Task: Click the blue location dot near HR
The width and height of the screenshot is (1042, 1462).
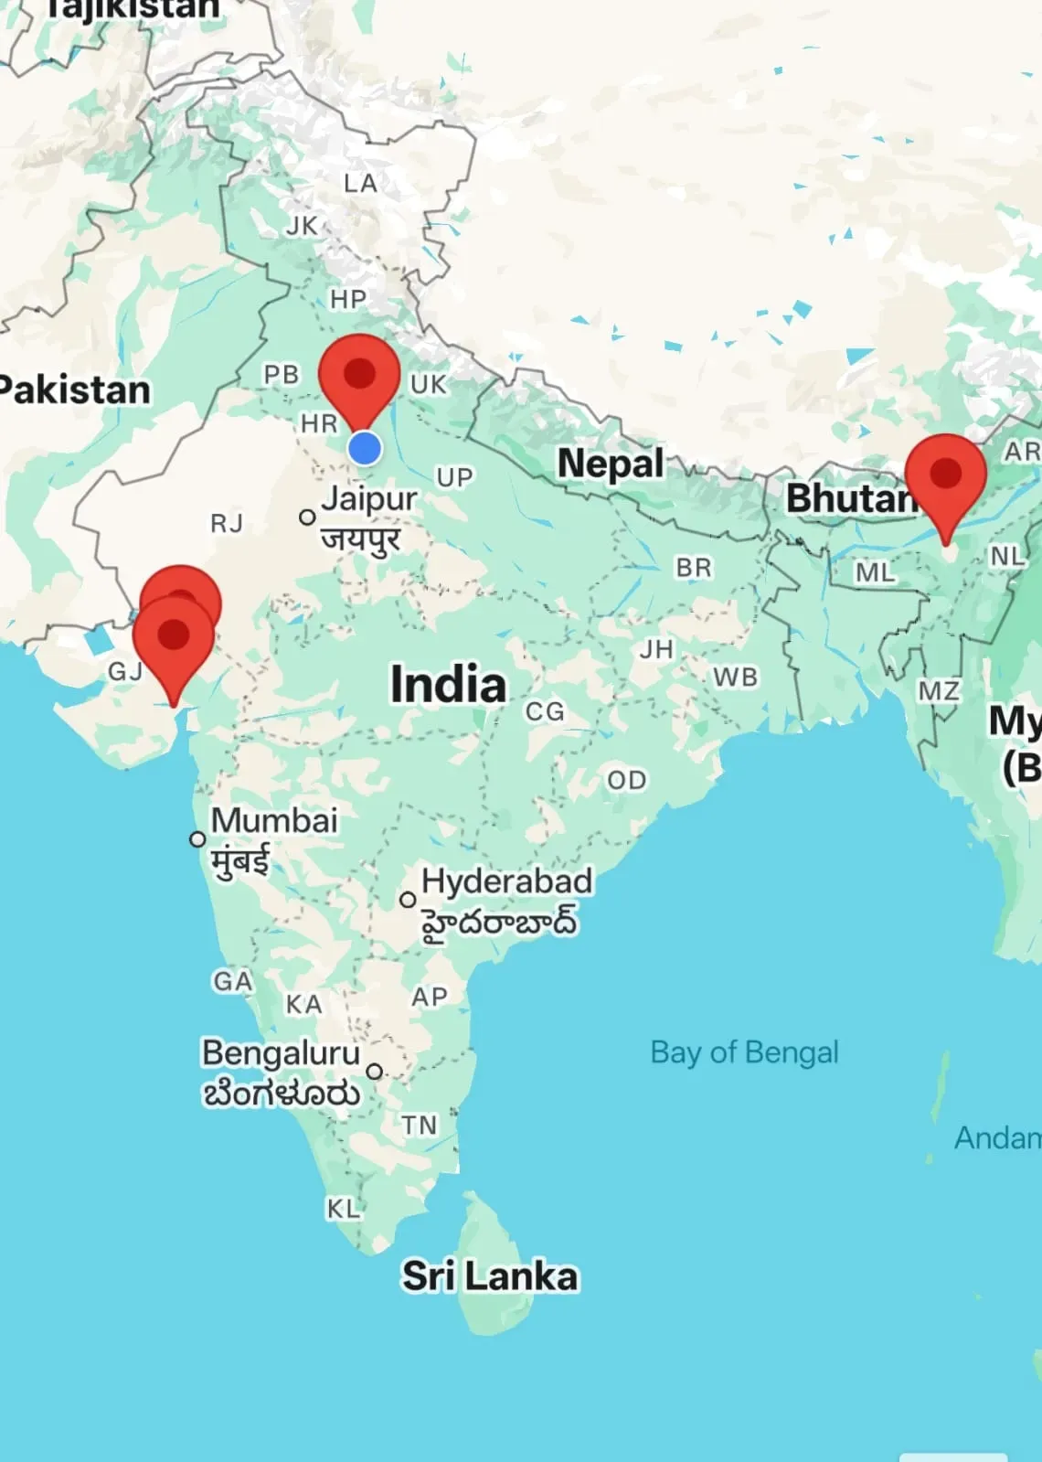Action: point(365,448)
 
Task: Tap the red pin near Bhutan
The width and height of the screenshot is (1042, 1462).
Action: point(945,475)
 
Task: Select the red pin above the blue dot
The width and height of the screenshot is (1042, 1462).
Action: point(359,375)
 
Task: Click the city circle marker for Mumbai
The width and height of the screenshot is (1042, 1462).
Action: point(197,838)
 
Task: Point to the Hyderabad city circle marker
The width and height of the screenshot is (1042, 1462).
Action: point(409,900)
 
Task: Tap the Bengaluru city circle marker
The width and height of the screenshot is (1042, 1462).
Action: point(374,1071)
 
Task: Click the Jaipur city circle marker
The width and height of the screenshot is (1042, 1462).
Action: point(308,518)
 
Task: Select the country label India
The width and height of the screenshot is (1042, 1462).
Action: point(448,685)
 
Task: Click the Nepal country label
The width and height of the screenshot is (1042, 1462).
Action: point(611,463)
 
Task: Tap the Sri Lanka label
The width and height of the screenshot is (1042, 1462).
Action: point(490,1276)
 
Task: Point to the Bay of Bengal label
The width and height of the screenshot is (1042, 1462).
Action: point(744,1052)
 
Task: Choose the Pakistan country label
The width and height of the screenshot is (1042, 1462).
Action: point(75,390)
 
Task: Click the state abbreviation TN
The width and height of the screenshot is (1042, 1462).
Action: point(420,1125)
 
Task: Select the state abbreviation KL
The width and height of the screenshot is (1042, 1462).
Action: point(343,1209)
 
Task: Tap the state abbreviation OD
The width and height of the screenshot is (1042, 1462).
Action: point(626,780)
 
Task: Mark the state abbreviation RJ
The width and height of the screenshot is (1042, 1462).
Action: point(227,523)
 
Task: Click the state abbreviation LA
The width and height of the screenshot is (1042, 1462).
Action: point(360,184)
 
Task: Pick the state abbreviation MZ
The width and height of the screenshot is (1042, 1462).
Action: point(939,691)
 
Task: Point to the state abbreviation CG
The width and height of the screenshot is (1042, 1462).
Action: point(545,711)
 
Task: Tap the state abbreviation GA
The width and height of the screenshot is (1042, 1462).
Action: point(232,981)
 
